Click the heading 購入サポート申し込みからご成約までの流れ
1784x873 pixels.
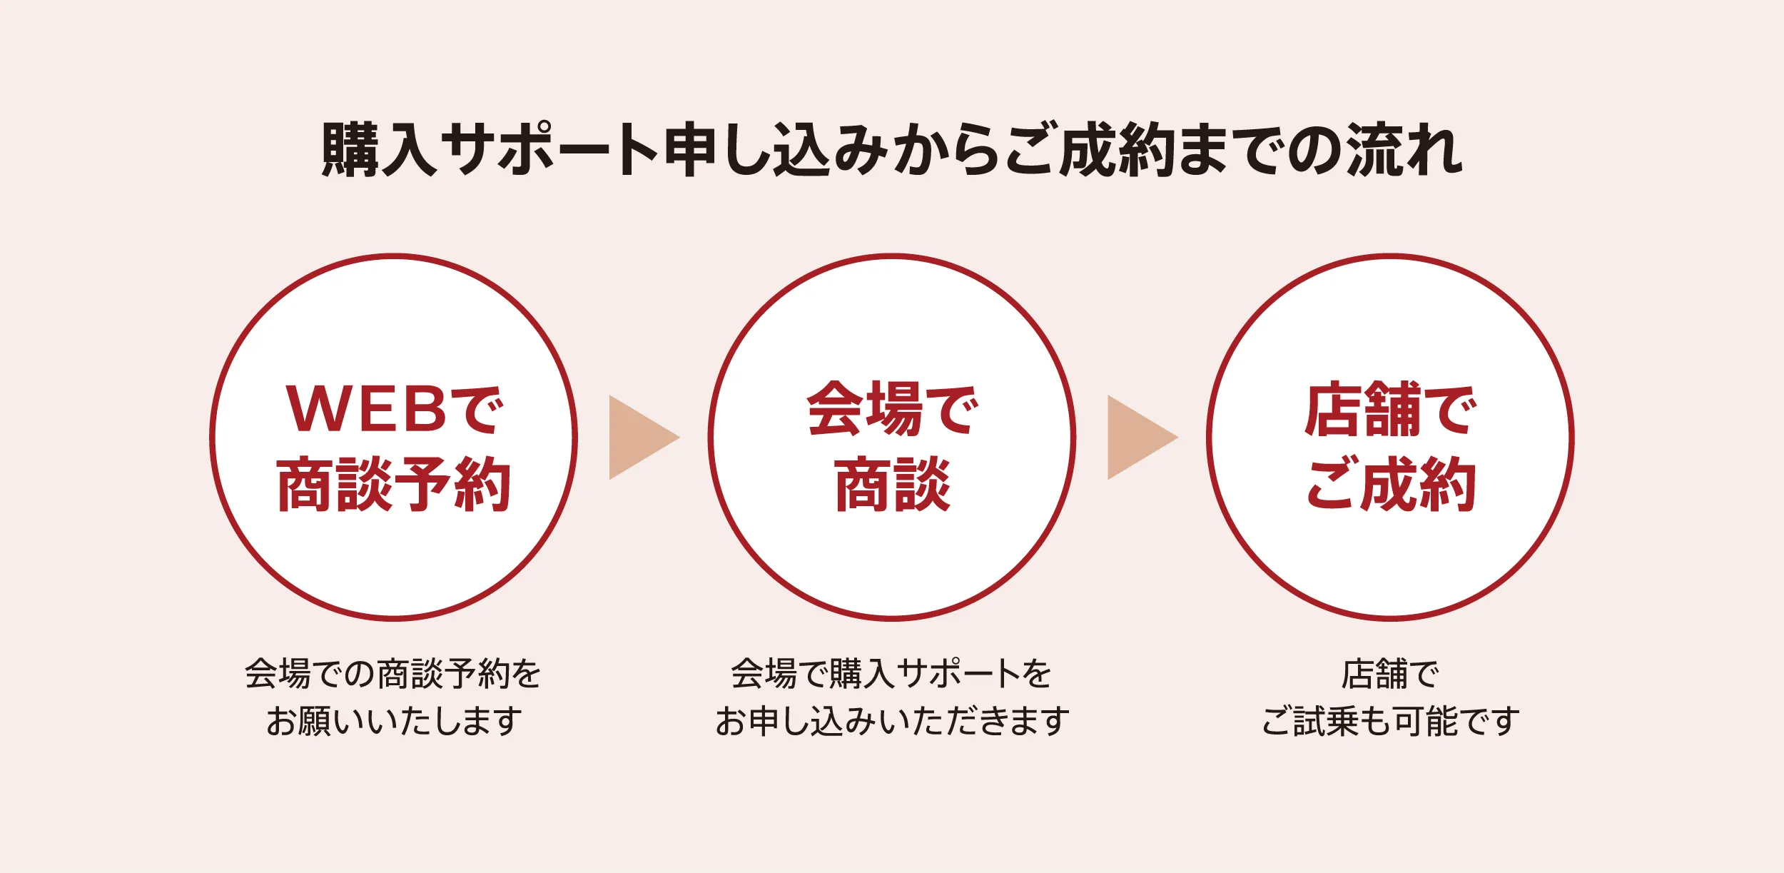pyautogui.click(x=892, y=149)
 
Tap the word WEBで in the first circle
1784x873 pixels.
pyautogui.click(x=395, y=409)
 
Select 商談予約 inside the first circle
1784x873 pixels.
pyautogui.click(x=394, y=485)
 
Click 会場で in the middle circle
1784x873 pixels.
pyautogui.click(x=892, y=409)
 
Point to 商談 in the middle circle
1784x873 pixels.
pyautogui.click(x=892, y=485)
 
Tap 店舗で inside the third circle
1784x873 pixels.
pyautogui.click(x=1390, y=409)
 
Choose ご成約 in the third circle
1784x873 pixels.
pyautogui.click(x=1390, y=485)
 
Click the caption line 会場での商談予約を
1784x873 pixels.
pyautogui.click(x=393, y=674)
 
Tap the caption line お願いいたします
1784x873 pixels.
pyautogui.click(x=394, y=721)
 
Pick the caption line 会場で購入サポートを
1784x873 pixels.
pyautogui.click(x=891, y=674)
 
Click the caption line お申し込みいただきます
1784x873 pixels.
pyautogui.click(x=892, y=721)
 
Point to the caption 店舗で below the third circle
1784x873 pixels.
pyautogui.click(x=1390, y=674)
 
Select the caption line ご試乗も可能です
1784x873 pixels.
pyautogui.click(x=1390, y=721)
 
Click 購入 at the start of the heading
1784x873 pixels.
pyautogui.click(x=379, y=149)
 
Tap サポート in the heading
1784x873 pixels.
pyautogui.click(x=549, y=149)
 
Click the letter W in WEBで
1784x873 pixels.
pyautogui.click(x=314, y=409)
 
